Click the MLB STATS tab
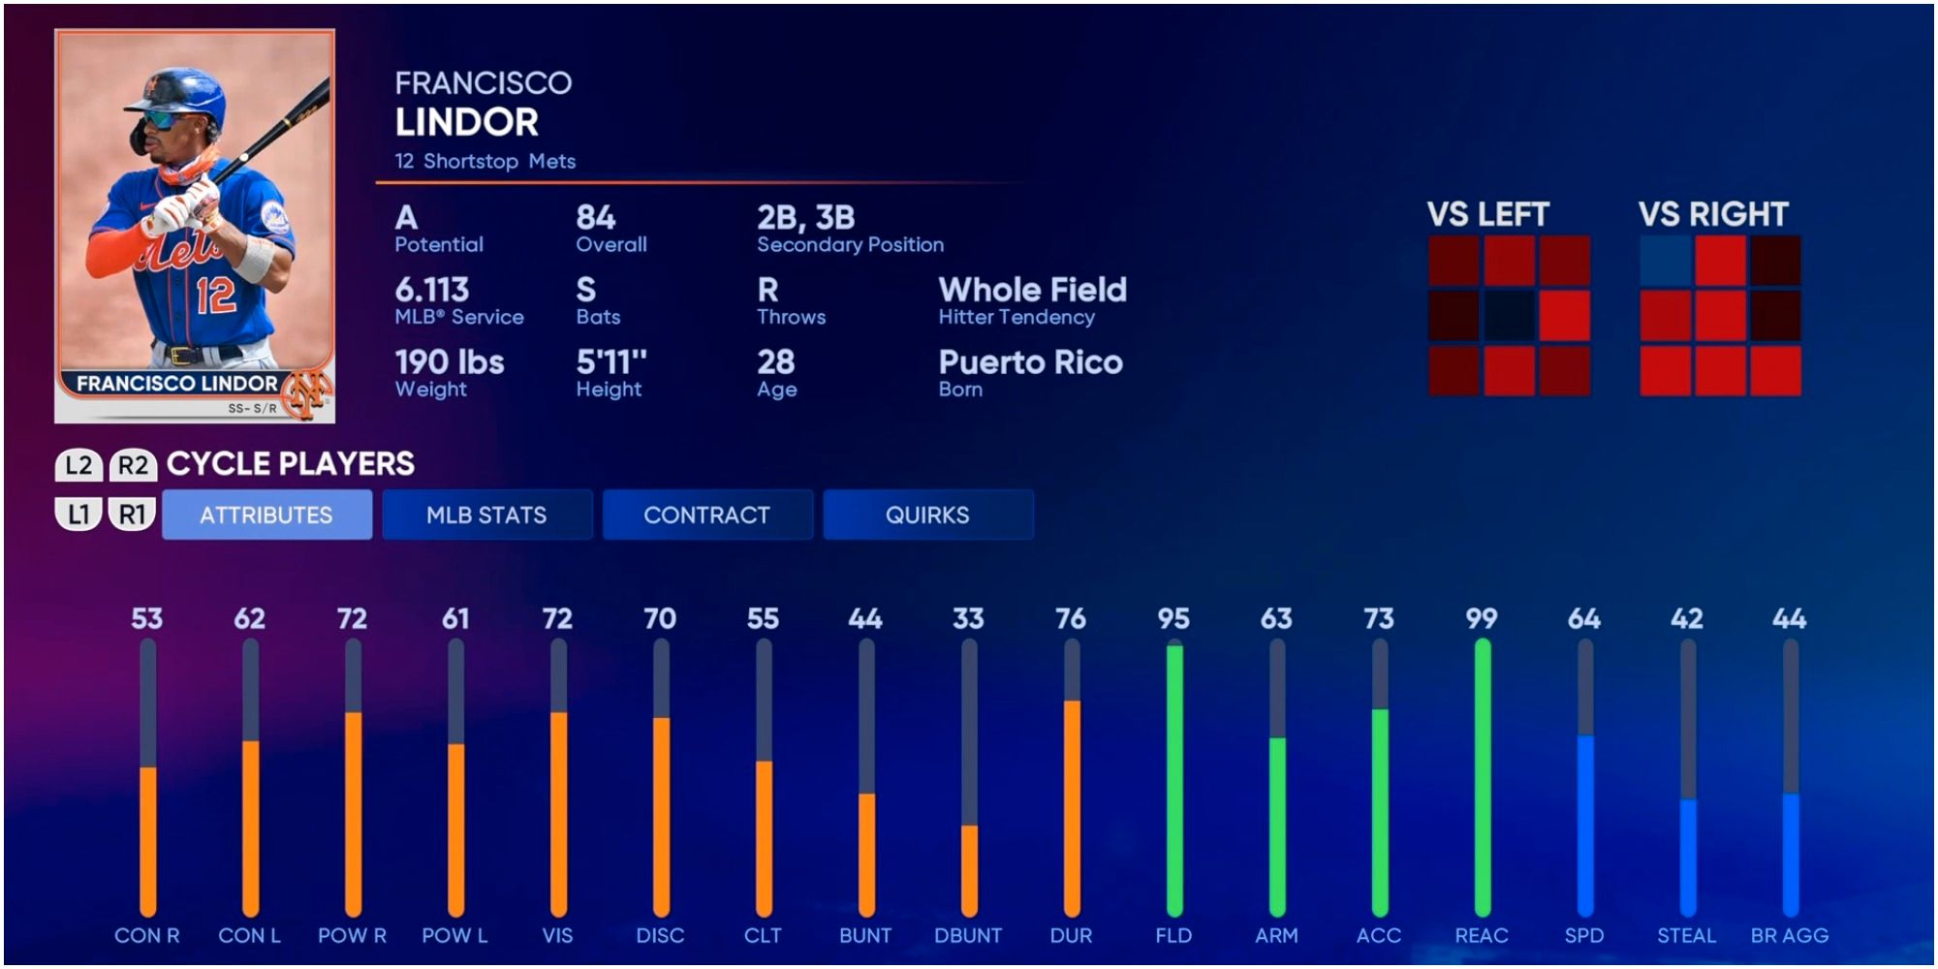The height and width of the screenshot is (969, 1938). tap(486, 515)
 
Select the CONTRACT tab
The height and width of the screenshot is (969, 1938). tap(706, 515)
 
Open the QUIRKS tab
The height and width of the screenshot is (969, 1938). tap(927, 515)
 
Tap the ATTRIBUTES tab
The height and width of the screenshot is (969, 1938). tap(266, 515)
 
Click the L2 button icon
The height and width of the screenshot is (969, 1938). tap(78, 465)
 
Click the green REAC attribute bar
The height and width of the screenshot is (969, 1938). tap(1482, 775)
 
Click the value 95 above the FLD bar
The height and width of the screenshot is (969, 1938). tap(1173, 618)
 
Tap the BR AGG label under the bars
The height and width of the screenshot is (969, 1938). tap(1789, 936)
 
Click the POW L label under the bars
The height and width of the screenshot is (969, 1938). tap(454, 936)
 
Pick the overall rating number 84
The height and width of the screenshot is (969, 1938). tap(596, 218)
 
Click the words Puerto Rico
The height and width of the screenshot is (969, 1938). tap(1030, 362)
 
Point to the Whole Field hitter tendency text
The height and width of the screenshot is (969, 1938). tap(1032, 290)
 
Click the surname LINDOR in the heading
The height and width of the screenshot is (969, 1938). tap(467, 122)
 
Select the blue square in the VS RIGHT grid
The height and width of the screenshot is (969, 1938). tap(1665, 260)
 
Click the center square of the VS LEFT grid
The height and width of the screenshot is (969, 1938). tap(1509, 316)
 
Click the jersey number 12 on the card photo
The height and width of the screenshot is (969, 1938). tap(215, 295)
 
